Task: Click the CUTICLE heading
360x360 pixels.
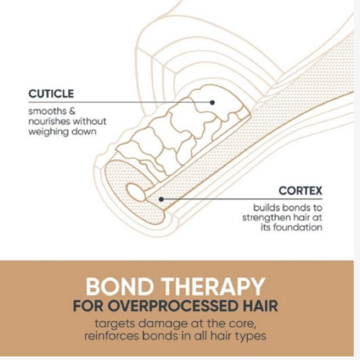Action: [51, 94]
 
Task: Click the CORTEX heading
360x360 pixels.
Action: [300, 191]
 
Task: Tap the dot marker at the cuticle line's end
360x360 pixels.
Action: [212, 102]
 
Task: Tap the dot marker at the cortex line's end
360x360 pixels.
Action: [161, 199]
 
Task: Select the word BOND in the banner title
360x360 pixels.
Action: [120, 287]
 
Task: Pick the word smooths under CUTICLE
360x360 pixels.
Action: [44, 111]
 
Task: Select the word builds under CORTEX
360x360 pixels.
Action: [266, 208]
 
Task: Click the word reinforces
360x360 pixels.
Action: [112, 336]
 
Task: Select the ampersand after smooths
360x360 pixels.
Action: [72, 111]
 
